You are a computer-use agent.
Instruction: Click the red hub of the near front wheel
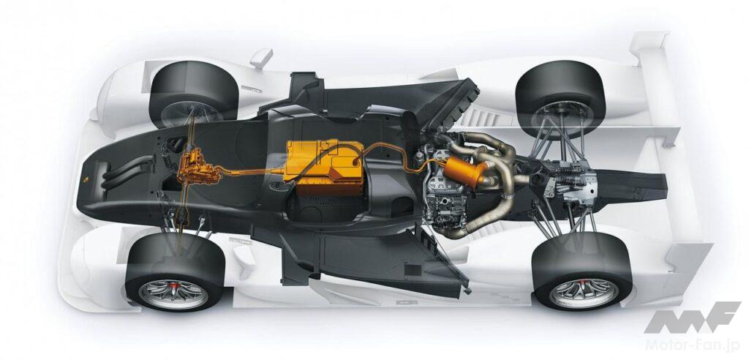(173, 288)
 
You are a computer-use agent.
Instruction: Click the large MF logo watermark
(692, 318)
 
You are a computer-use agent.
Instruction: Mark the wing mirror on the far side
(261, 58)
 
